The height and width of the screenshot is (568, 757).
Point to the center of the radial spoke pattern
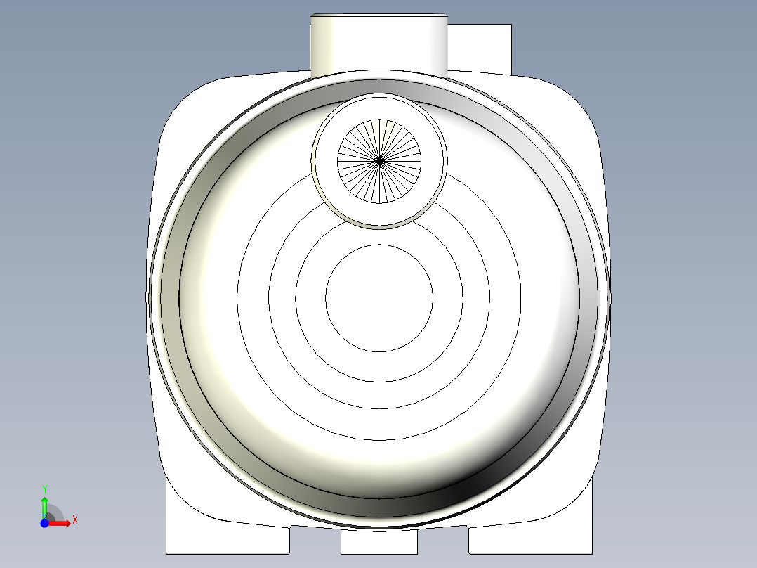pyautogui.click(x=379, y=161)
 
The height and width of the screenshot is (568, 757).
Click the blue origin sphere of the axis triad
pyautogui.click(x=44, y=524)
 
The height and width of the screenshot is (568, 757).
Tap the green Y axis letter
pyautogui.click(x=44, y=488)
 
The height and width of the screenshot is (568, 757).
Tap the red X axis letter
pyautogui.click(x=75, y=520)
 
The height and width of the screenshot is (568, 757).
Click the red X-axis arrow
pyautogui.click(x=60, y=523)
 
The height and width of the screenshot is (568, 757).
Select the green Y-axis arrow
pyautogui.click(x=44, y=506)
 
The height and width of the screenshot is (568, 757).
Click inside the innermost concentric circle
pyautogui.click(x=379, y=298)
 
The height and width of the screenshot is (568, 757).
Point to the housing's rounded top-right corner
pyautogui.click(x=573, y=105)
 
